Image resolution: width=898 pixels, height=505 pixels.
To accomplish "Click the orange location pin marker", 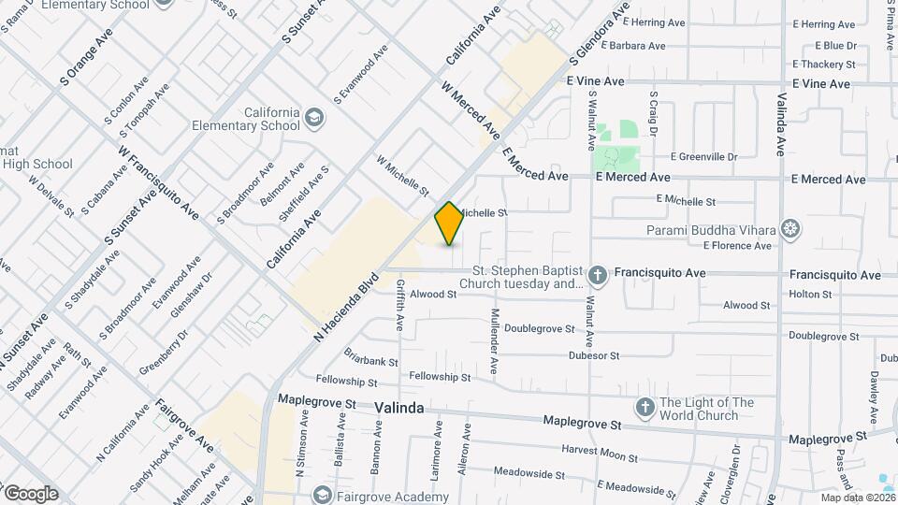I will [x=449, y=224].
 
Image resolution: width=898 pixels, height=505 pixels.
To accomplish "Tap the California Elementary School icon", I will [x=313, y=119].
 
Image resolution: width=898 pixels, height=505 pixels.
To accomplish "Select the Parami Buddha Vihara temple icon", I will [x=791, y=229].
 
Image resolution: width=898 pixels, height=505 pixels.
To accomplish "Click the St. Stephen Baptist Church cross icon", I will [x=599, y=274].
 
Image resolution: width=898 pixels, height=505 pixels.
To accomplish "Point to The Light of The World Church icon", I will [x=645, y=407].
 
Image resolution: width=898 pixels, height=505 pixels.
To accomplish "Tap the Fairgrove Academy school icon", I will [x=323, y=493].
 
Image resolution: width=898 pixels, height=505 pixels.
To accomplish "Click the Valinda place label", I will [x=399, y=409].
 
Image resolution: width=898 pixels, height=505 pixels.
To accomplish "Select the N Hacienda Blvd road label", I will [x=345, y=305].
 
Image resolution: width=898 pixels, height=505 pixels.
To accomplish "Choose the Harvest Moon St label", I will [x=599, y=454].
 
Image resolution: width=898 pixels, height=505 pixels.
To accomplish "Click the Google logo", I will [x=31, y=494].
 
